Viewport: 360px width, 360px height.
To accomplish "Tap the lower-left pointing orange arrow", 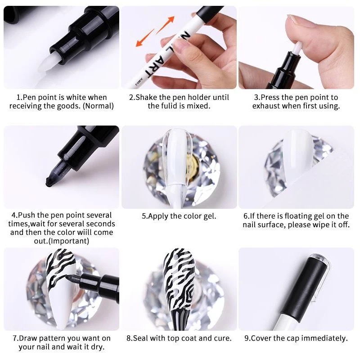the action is click(145, 38).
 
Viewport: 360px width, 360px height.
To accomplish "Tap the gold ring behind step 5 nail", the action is click(193, 166).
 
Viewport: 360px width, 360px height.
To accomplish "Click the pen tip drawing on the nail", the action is click(69, 278).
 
